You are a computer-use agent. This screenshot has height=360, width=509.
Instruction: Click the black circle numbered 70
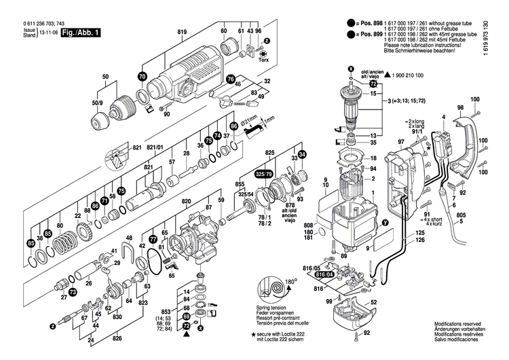(142, 77)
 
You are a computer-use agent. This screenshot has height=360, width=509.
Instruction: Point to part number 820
(187, 202)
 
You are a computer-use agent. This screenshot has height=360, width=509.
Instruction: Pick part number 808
(309, 226)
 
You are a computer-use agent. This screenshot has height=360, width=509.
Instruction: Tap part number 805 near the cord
(461, 216)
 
